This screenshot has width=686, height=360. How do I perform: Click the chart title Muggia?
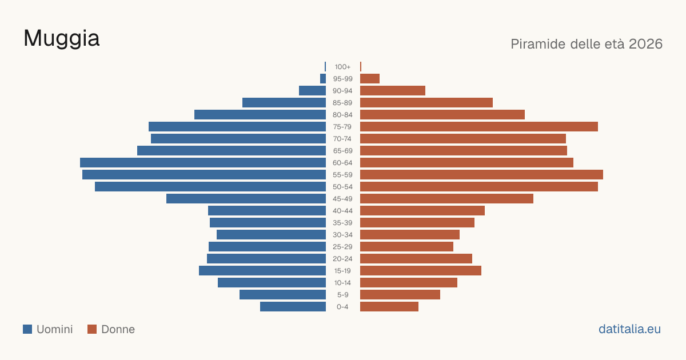pos(62,39)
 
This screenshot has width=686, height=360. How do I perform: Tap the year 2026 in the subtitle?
pos(645,44)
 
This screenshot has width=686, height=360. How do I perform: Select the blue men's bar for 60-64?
pos(203,162)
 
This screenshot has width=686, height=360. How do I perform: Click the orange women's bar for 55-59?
pos(481,174)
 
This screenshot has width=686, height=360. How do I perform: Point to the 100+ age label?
pos(342,67)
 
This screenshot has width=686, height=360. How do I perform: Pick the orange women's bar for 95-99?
pos(370,79)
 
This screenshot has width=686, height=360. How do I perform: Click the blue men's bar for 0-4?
pos(293,307)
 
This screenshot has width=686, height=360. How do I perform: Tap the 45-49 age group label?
pos(342,199)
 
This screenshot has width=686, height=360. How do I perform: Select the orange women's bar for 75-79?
pos(479,127)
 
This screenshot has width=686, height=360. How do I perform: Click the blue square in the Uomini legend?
pos(27,329)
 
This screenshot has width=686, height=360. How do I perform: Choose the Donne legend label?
pos(118,329)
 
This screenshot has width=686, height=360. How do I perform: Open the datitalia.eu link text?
pos(629,329)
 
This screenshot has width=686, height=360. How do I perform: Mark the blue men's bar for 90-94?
pos(312,91)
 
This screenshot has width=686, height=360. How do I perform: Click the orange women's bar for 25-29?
pos(406,247)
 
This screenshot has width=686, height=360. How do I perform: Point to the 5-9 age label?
pos(342,295)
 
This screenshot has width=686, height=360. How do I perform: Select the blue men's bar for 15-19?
pos(262,271)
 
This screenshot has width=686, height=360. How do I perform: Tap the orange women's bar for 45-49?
pos(446,199)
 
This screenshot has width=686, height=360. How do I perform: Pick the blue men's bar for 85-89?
pos(284,102)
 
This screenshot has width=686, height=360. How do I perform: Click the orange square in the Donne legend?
pos(92,329)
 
